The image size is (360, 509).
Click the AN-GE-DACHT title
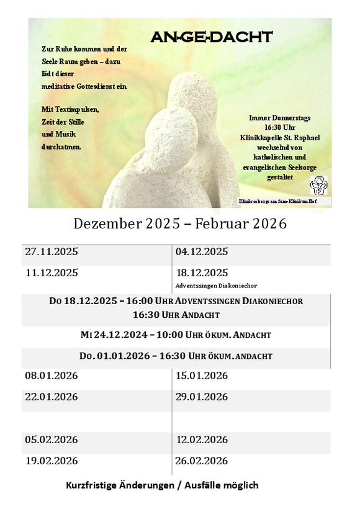[x=211, y=37]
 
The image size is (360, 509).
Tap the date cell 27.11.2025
[x=52, y=252]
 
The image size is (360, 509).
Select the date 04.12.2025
[x=202, y=252]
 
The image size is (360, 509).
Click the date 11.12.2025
[x=52, y=273]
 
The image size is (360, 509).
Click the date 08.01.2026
[x=52, y=376]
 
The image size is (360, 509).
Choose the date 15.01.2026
[x=202, y=376]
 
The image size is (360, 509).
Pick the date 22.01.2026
[x=52, y=397]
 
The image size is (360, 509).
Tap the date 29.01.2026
[x=202, y=397]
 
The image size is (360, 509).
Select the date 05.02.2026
[x=52, y=440]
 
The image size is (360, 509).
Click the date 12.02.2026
[x=202, y=440]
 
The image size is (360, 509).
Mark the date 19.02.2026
[x=52, y=461]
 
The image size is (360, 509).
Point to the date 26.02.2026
[x=202, y=461]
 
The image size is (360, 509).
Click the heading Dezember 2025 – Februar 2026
[x=180, y=224]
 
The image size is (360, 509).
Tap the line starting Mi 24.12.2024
[x=176, y=335]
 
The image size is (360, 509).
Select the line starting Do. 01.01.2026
[x=176, y=356]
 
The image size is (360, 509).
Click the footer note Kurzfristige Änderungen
[x=162, y=485]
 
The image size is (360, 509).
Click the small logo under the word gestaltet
[x=319, y=185]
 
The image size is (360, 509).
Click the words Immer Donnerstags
[x=279, y=117]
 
